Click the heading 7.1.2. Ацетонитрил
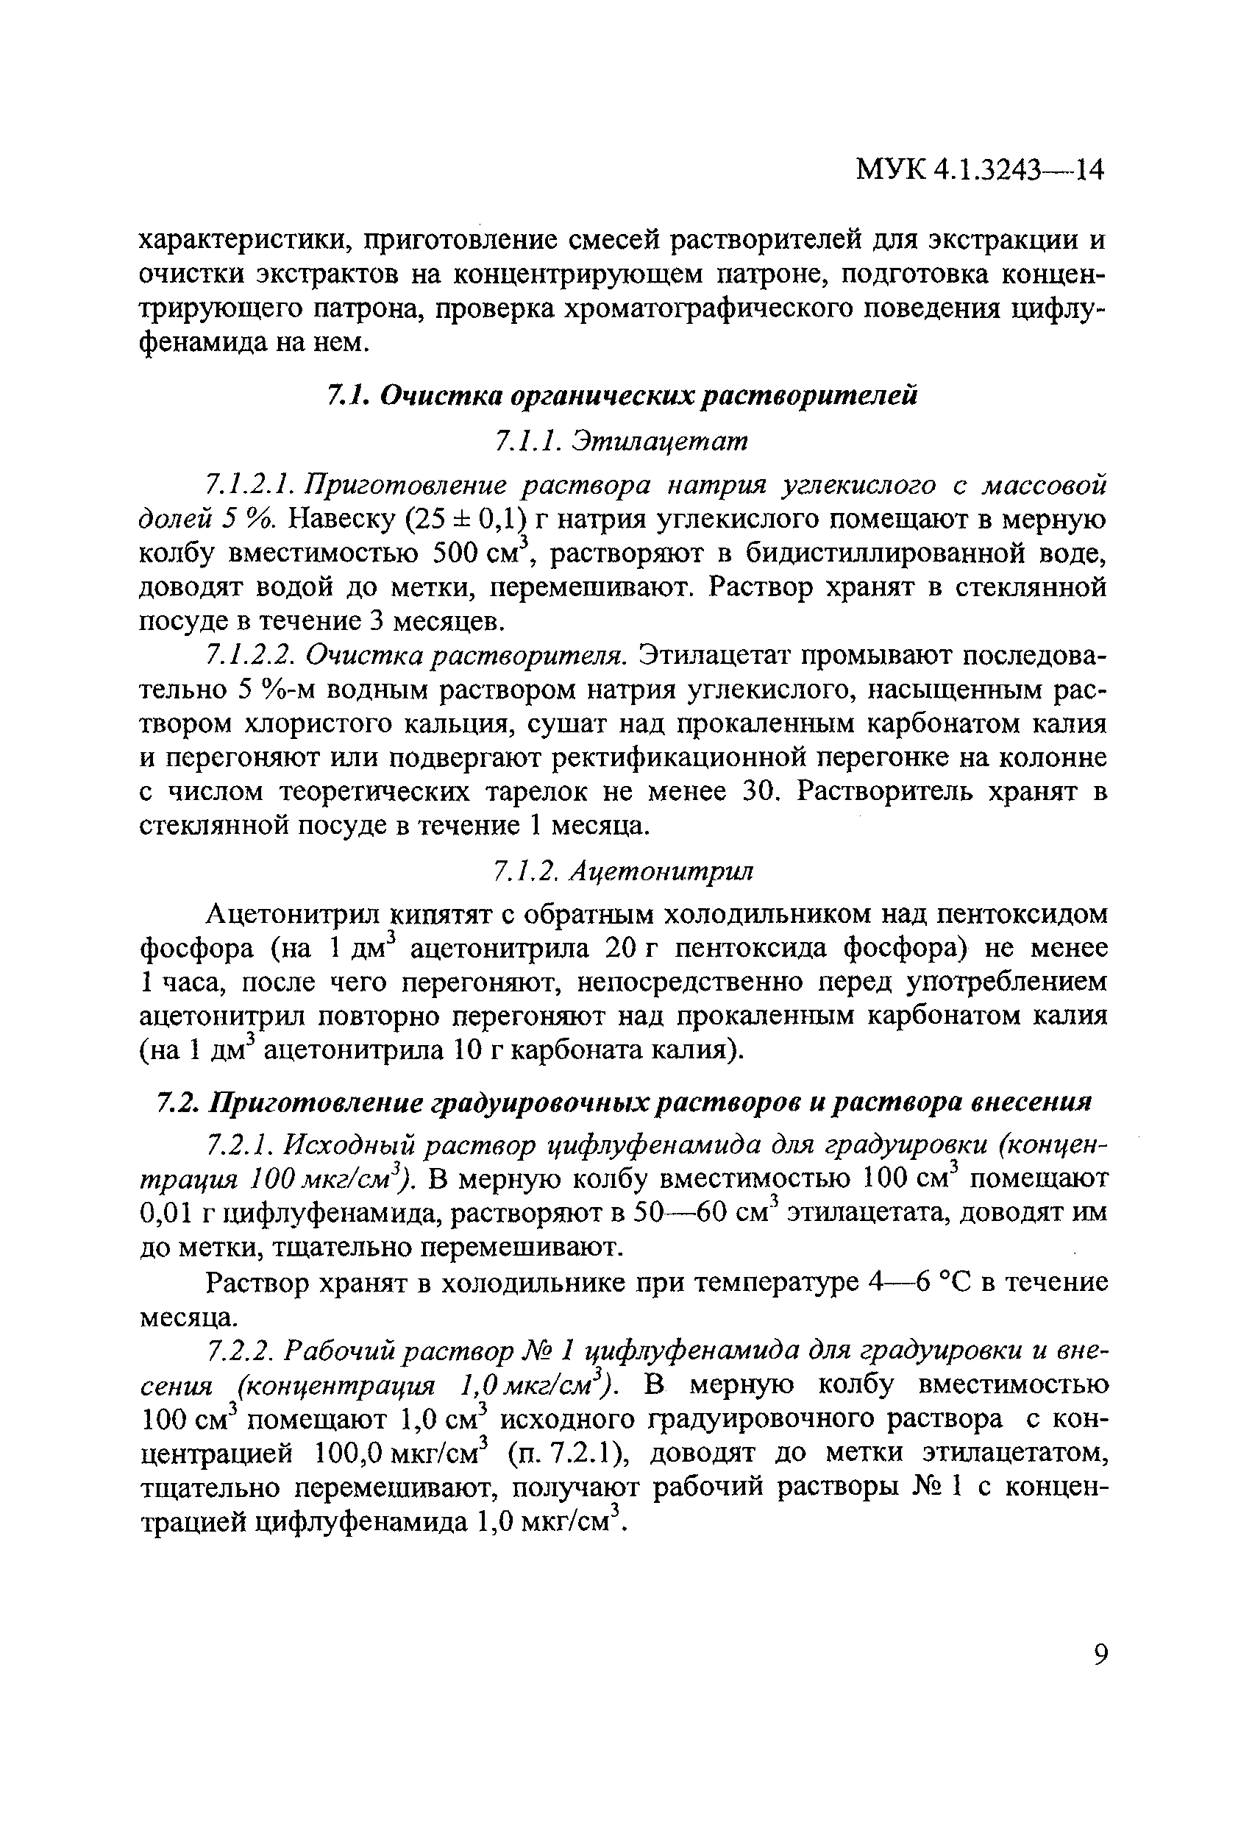pyautogui.click(x=623, y=871)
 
